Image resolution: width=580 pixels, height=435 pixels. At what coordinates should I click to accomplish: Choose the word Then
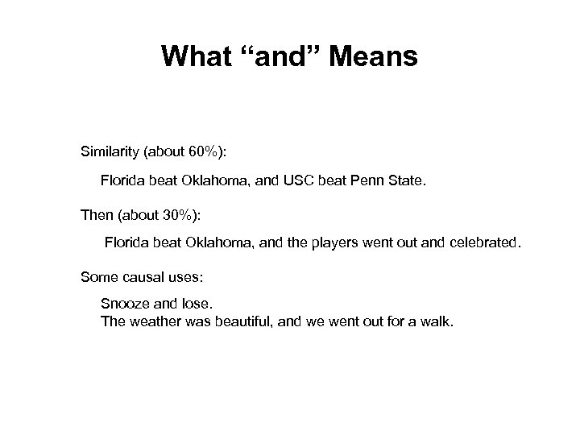(96, 215)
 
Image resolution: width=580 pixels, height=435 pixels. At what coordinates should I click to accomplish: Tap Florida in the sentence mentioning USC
(122, 182)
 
